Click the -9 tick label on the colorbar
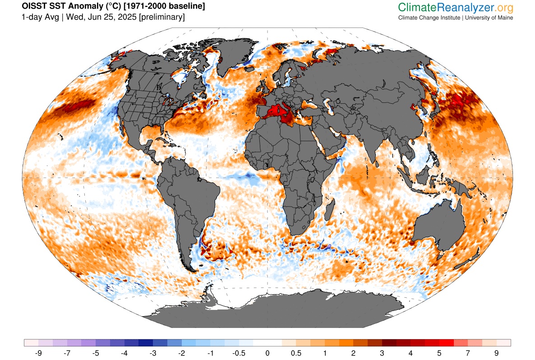(x=39, y=352)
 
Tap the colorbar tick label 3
(x=382, y=352)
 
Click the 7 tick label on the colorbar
(x=468, y=352)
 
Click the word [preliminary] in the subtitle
(x=162, y=17)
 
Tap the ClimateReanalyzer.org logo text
(x=456, y=7)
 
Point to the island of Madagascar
(x=329, y=212)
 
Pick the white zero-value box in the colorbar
(x=267, y=342)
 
